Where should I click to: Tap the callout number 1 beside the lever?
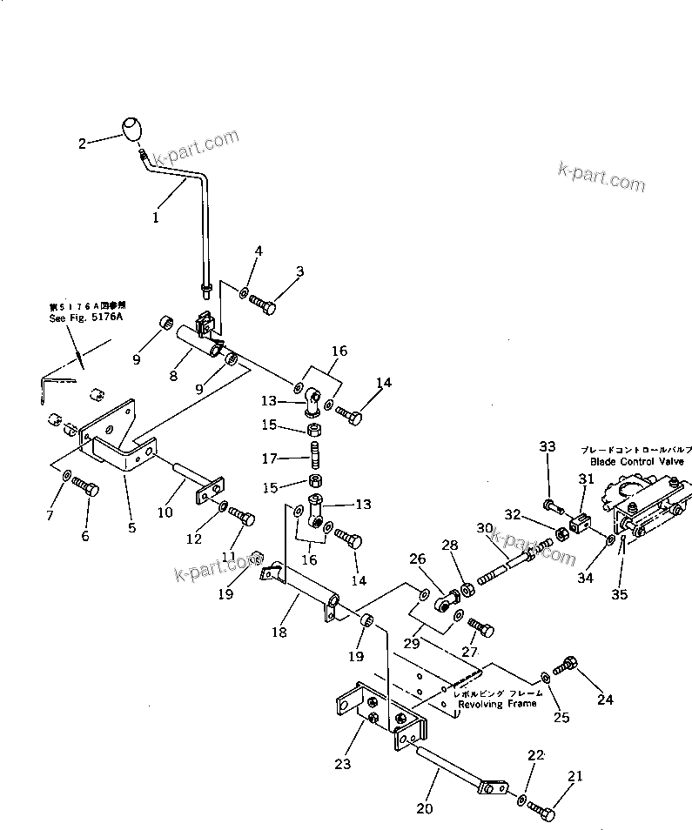point(155,218)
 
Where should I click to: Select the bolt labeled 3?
point(263,305)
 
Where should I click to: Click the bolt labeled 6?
point(84,487)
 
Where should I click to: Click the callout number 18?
point(279,633)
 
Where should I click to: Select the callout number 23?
point(343,764)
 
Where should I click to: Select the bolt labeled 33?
point(549,504)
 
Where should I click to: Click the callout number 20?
point(424,808)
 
